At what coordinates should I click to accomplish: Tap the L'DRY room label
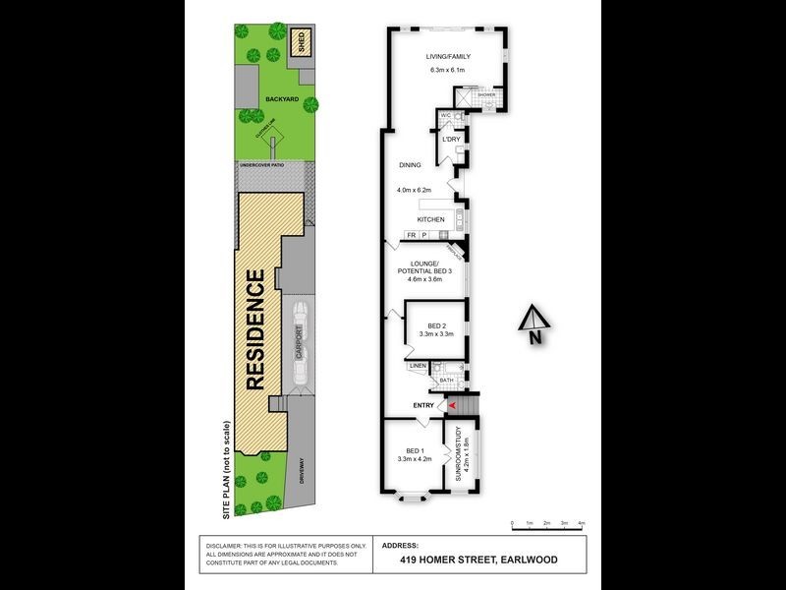452,139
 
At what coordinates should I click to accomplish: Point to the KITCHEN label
431,219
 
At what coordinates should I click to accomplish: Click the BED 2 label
438,324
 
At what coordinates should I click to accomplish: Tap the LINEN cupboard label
417,367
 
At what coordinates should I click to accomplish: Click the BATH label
446,380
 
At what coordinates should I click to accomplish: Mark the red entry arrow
452,404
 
